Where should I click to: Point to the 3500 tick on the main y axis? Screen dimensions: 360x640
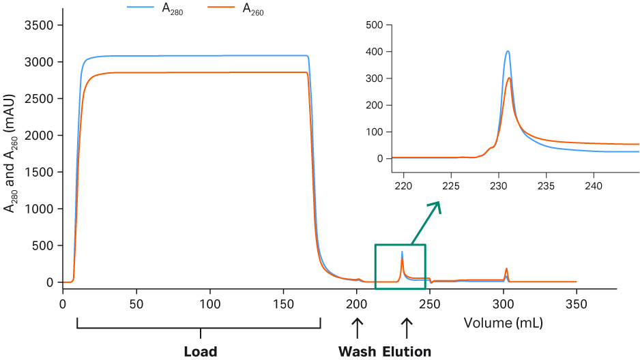click(x=60, y=25)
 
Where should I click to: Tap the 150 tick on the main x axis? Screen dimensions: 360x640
click(x=282, y=290)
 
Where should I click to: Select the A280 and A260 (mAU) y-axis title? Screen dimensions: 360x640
click(x=11, y=154)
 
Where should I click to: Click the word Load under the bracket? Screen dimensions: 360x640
click(x=200, y=352)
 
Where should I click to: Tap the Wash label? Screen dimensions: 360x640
click(x=357, y=352)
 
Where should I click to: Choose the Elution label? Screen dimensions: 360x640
click(x=407, y=352)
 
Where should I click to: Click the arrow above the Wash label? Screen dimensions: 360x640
click(x=357, y=329)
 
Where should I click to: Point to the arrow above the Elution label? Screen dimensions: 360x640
click(x=407, y=329)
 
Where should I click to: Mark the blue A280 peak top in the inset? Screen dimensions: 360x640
click(x=508, y=51)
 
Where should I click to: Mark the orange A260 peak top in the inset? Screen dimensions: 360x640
click(x=509, y=78)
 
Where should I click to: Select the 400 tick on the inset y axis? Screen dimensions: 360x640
click(x=390, y=52)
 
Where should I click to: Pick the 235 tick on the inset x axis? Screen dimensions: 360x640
click(x=546, y=170)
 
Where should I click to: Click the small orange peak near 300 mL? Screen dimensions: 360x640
click(x=506, y=269)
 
